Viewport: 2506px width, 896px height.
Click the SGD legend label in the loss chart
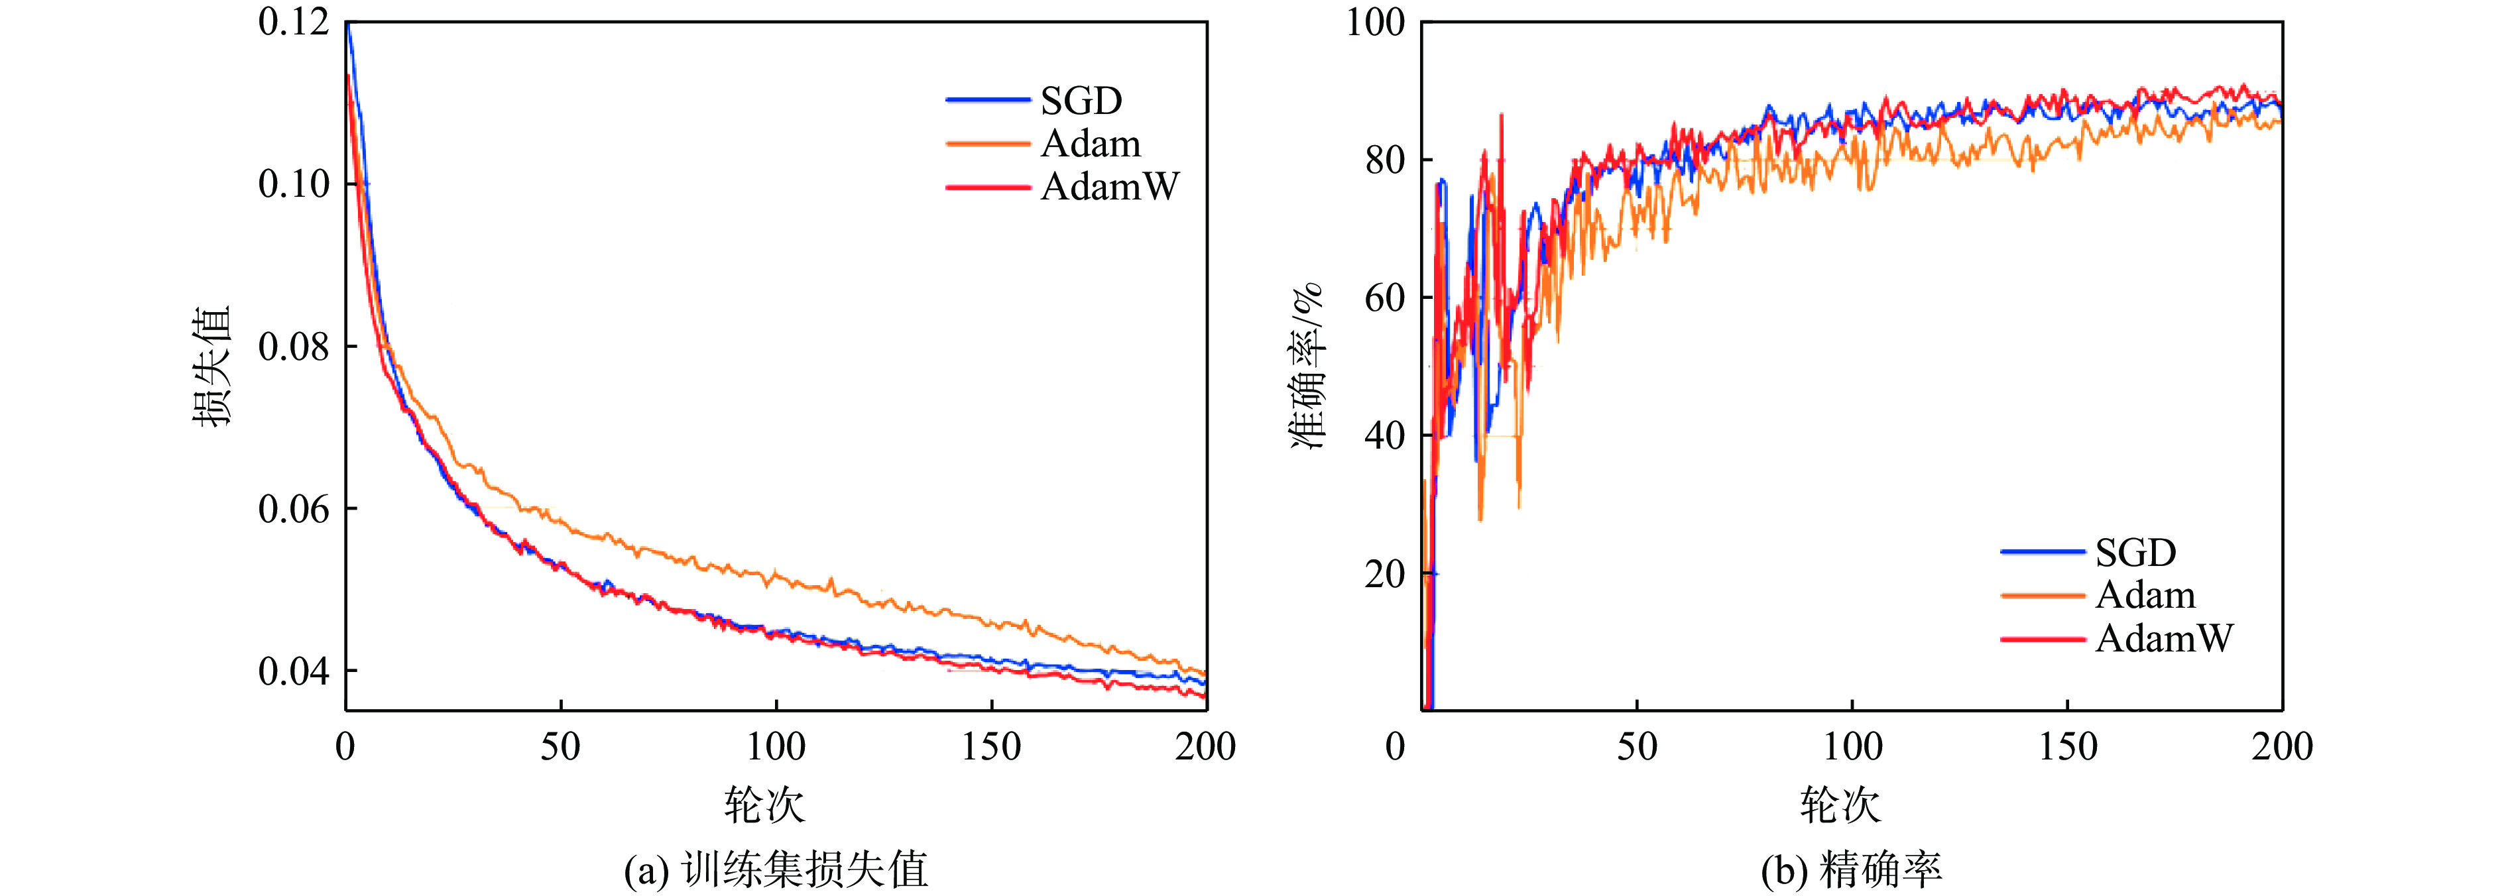pos(1081,100)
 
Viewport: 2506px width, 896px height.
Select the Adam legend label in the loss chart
pos(1089,143)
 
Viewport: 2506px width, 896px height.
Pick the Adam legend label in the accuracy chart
pos(2145,594)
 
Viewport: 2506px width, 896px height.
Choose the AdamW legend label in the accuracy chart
pos(2165,638)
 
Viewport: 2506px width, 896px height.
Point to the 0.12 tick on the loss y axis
pos(294,21)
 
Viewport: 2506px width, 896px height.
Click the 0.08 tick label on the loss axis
pos(294,347)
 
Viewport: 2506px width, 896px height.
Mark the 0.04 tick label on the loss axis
pos(294,671)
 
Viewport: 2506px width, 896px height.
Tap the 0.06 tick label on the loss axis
pos(294,509)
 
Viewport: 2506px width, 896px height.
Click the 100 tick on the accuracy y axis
pos(1374,21)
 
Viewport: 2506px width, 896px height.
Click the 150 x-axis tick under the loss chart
pos(991,747)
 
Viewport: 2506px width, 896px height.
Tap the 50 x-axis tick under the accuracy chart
pos(1638,747)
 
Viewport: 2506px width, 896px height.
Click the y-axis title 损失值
pos(211,366)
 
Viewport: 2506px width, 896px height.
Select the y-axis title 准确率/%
pos(1307,366)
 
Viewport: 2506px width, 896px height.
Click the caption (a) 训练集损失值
pos(776,869)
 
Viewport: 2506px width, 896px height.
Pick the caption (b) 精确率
pos(1850,869)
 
